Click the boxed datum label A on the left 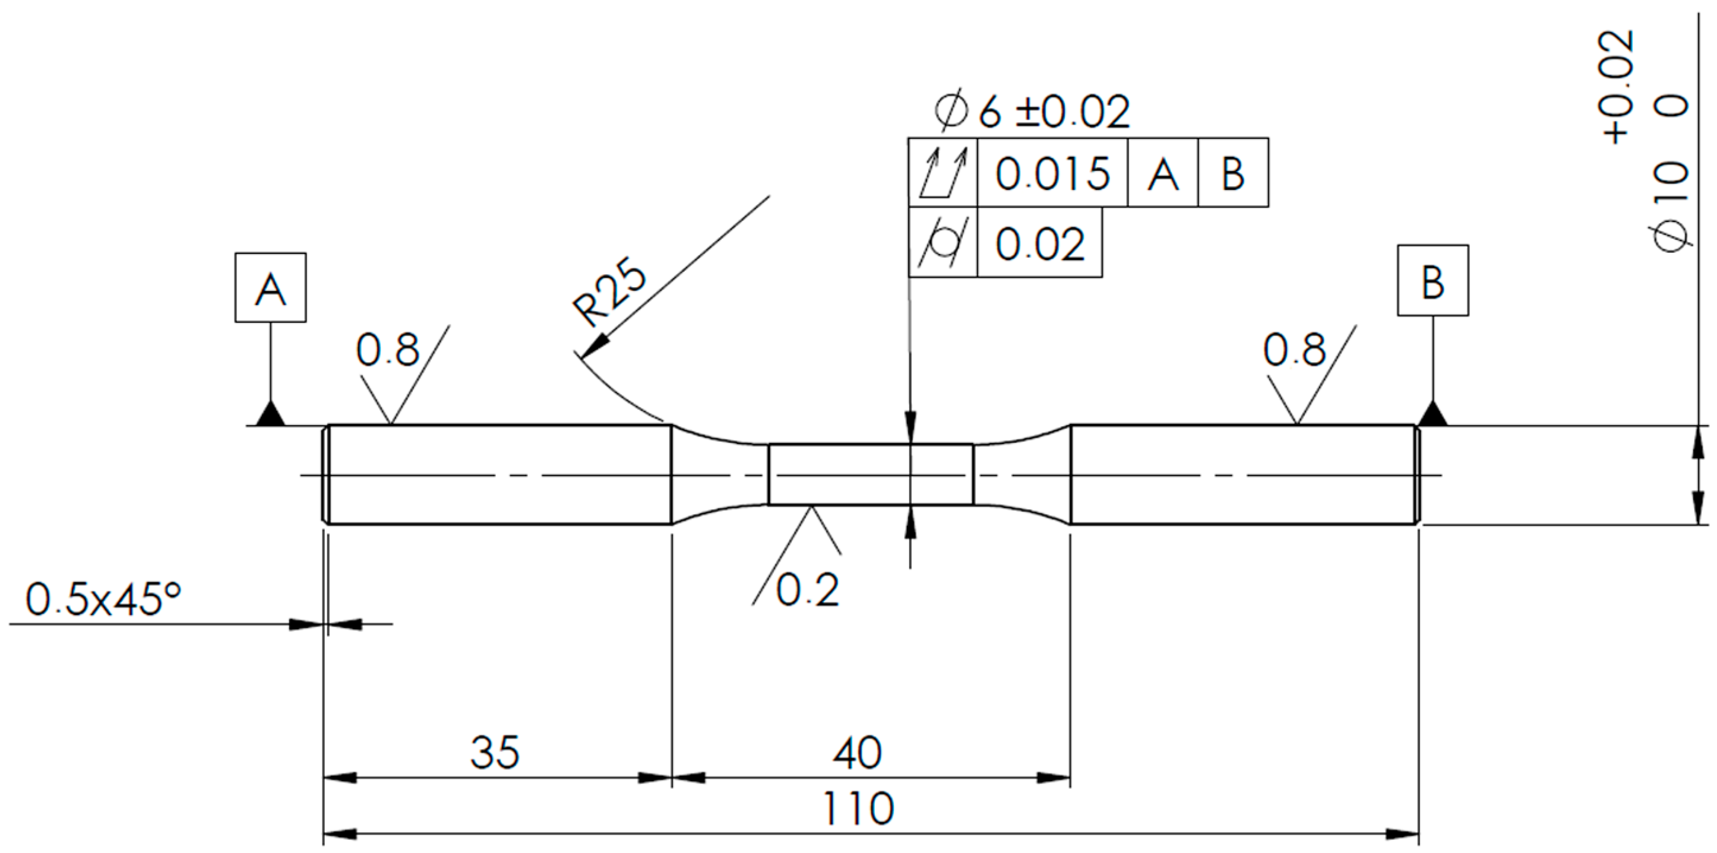coord(270,288)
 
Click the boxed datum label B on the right coord(1433,281)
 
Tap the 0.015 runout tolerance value coord(1052,174)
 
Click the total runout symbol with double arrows coord(943,173)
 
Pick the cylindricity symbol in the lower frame coord(943,243)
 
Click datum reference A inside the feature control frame coord(1162,174)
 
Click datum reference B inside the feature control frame coord(1233,174)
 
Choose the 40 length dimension coord(856,753)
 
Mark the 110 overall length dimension coord(858,808)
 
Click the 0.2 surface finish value coord(807,590)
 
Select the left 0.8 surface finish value coord(387,350)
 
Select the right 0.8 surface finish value coord(1294,350)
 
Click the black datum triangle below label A coord(270,414)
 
